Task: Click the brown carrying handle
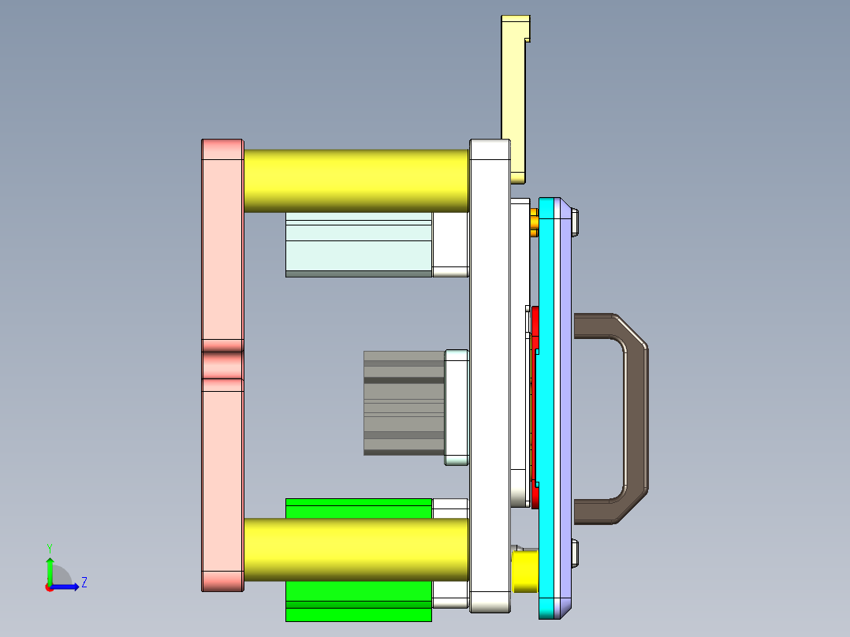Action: [636, 418]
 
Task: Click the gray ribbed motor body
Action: [404, 403]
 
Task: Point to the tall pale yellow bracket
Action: [516, 87]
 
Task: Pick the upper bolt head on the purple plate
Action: [576, 222]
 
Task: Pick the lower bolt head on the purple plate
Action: [576, 553]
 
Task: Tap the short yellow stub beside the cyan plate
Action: [525, 572]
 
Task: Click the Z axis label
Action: [84, 583]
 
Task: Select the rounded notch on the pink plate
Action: [222, 365]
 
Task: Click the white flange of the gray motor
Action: [457, 407]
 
